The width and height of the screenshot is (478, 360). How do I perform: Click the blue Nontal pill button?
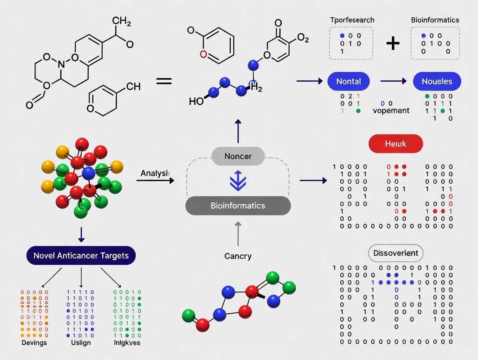[x=349, y=81]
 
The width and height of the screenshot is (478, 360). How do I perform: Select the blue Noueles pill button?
[x=437, y=81]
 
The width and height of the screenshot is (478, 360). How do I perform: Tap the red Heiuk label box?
[x=395, y=144]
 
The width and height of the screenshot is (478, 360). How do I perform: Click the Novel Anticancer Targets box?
[x=81, y=255]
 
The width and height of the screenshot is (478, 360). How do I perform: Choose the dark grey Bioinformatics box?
[x=238, y=206]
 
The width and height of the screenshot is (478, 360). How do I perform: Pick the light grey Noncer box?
[x=238, y=156]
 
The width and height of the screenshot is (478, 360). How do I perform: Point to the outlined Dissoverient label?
[x=395, y=253]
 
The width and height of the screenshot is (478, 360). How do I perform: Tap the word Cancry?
[x=238, y=256]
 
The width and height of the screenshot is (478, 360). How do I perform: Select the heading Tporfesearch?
[x=352, y=20]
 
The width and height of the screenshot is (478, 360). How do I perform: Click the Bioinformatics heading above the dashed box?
[x=435, y=20]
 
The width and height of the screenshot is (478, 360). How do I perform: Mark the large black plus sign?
[x=393, y=43]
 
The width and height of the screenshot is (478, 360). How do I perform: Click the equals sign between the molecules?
[x=164, y=81]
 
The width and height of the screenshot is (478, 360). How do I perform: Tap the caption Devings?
[x=34, y=343]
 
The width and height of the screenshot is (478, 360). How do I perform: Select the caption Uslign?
[x=81, y=343]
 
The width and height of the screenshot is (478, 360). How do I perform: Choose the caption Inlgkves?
[x=127, y=343]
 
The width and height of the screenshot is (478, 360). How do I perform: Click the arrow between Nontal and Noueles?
[x=393, y=81]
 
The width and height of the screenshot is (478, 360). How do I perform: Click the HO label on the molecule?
[x=196, y=101]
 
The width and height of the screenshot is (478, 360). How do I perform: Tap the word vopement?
[x=391, y=110]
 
